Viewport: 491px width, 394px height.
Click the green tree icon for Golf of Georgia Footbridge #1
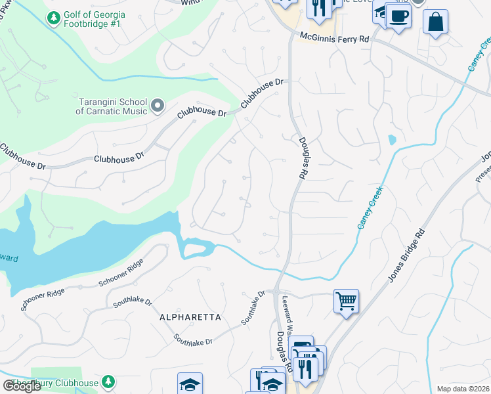pos(53,15)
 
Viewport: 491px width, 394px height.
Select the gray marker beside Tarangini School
pos(157,105)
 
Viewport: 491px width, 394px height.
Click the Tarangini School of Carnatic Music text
pos(112,106)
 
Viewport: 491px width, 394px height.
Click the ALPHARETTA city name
pos(191,317)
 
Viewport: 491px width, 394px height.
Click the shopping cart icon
pos(346,301)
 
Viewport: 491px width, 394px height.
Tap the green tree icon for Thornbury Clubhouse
pos(108,382)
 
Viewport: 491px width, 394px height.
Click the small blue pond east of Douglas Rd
pos(392,140)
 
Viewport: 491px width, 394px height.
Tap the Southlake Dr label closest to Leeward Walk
pos(252,308)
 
